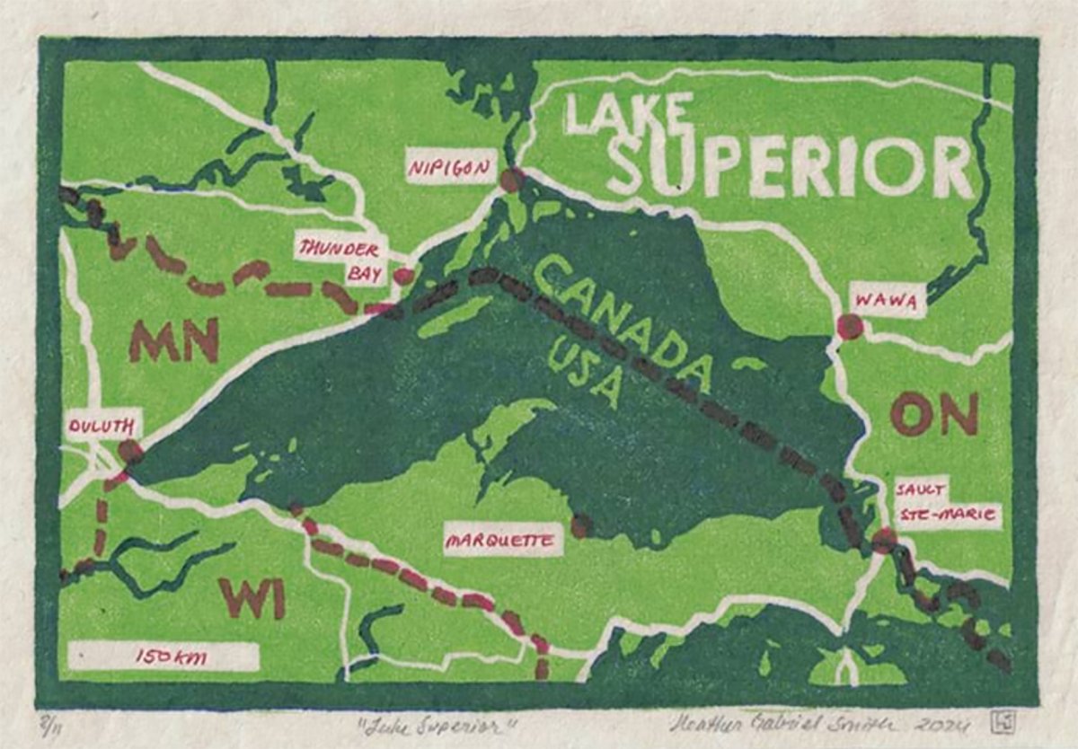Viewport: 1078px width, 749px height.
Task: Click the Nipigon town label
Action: tap(451, 167)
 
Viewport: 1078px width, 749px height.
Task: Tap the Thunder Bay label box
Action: tap(340, 260)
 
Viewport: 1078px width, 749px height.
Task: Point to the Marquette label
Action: tap(503, 542)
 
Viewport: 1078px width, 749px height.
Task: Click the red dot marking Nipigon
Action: tap(511, 180)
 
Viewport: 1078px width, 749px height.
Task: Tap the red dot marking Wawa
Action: tap(849, 326)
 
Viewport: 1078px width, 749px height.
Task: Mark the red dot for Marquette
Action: tap(581, 525)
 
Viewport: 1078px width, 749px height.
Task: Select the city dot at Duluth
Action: tap(130, 451)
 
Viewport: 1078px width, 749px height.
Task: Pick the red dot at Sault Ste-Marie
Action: tap(884, 540)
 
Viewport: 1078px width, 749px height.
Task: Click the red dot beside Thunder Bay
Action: tap(403, 276)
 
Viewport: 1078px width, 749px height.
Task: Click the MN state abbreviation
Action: tap(174, 340)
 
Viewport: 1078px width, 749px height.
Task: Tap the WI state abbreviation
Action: tap(252, 598)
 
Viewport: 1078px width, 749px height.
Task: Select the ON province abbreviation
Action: tap(933, 415)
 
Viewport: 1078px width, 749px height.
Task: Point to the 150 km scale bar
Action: tap(163, 656)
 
